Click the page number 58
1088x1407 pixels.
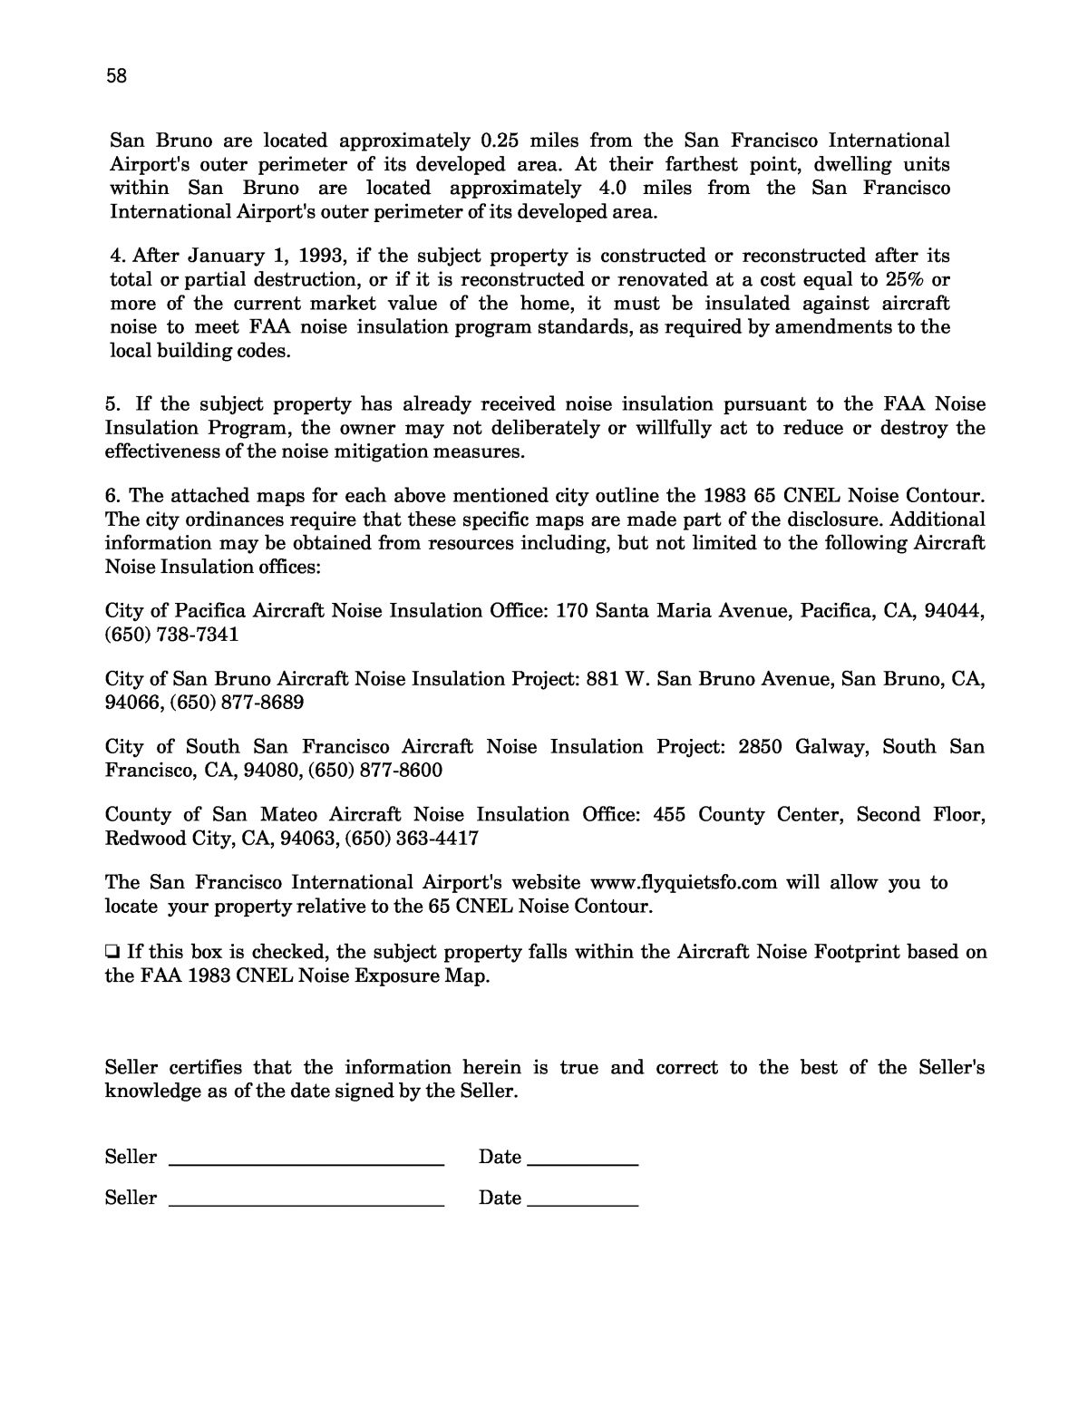point(116,76)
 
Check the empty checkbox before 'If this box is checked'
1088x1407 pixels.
point(112,952)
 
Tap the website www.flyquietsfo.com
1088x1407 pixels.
point(684,882)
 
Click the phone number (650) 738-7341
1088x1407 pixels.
point(172,634)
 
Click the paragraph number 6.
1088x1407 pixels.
point(112,496)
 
